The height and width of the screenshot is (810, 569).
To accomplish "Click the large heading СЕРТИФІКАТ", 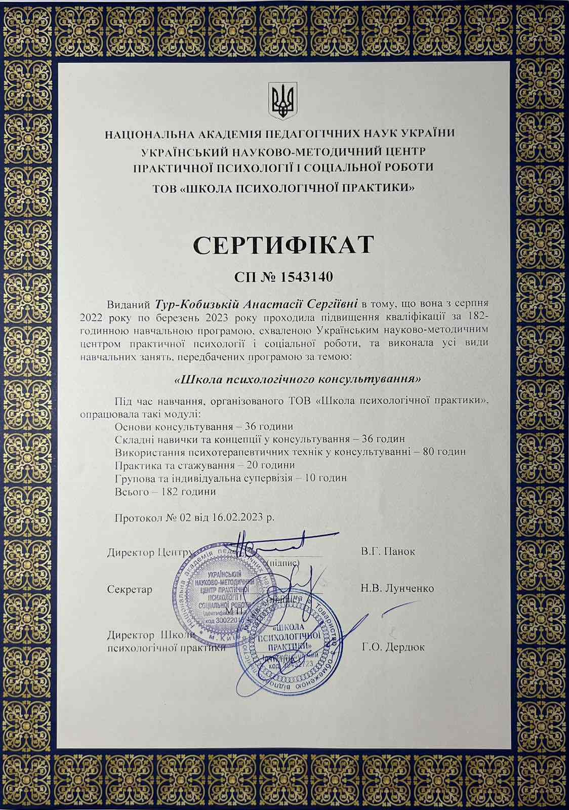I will point(283,246).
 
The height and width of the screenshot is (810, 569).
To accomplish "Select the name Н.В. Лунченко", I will point(397,589).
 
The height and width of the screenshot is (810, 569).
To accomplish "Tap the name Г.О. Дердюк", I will point(393,646).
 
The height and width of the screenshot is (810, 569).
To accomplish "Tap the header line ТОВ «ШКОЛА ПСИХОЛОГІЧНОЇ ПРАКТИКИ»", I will point(284,188).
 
